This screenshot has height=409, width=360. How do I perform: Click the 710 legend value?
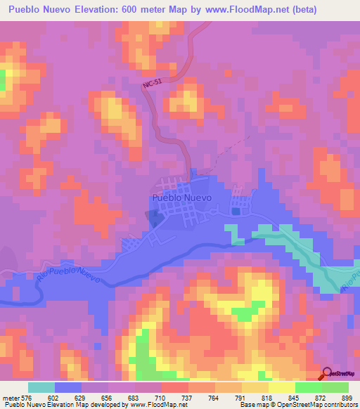pos(161,398)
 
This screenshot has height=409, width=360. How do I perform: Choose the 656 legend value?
pos(108,398)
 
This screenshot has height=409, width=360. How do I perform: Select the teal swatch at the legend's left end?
pos(41,387)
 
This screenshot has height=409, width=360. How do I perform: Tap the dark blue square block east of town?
pos(236,211)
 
